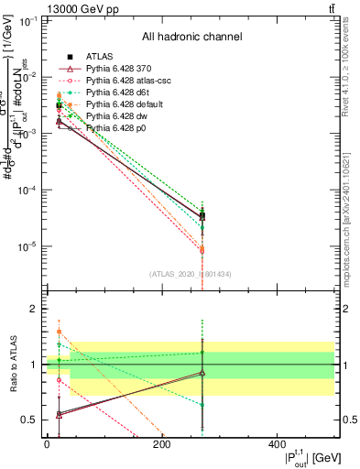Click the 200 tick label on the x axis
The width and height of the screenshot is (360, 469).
[x=161, y=445]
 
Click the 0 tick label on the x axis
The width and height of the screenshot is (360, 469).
[x=47, y=445]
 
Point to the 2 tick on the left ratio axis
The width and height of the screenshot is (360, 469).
[x=34, y=309]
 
